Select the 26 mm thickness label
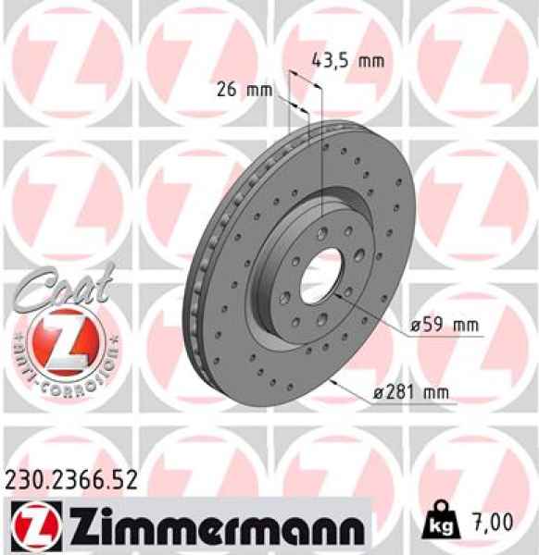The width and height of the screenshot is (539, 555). pos(244,90)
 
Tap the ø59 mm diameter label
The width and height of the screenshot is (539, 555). pos(445,326)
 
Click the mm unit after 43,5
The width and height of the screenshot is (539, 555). pos(370,61)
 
